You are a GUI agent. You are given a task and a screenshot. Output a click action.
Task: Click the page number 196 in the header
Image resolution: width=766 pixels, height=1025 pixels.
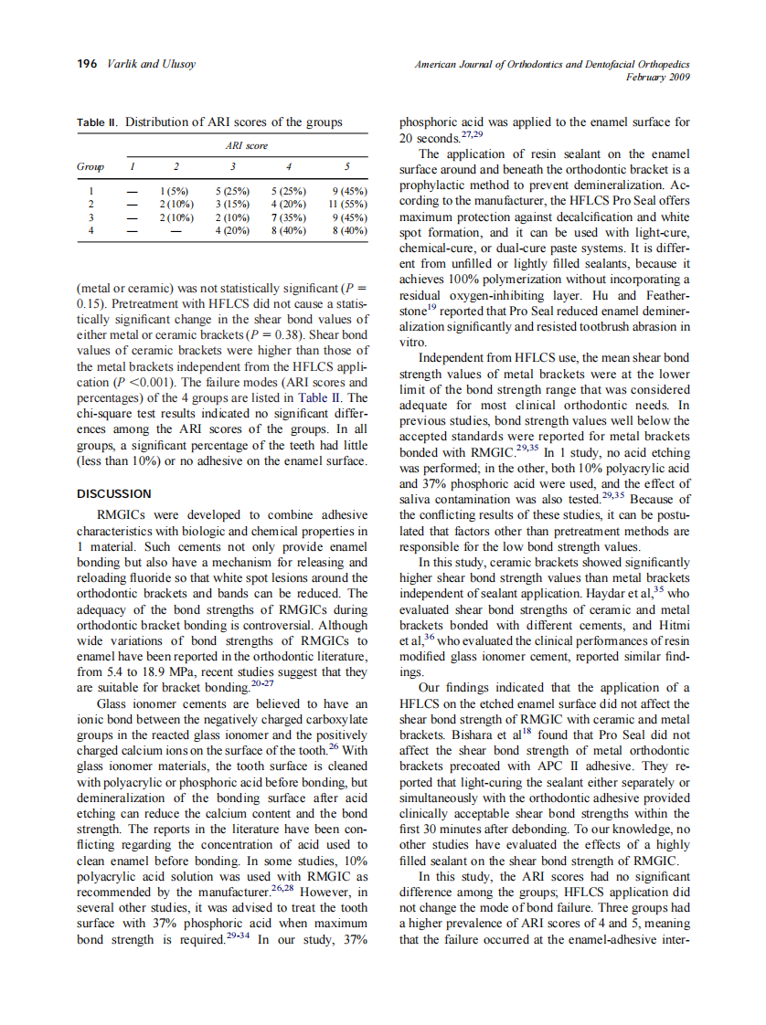[87, 64]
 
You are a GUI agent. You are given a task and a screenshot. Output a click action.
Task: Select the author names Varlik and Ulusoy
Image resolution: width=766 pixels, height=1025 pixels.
[147, 64]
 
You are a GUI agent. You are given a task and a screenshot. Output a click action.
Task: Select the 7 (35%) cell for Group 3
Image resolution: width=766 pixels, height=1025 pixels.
[289, 218]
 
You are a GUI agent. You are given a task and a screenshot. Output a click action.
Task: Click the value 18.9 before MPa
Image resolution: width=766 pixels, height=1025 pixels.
[144, 672]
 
